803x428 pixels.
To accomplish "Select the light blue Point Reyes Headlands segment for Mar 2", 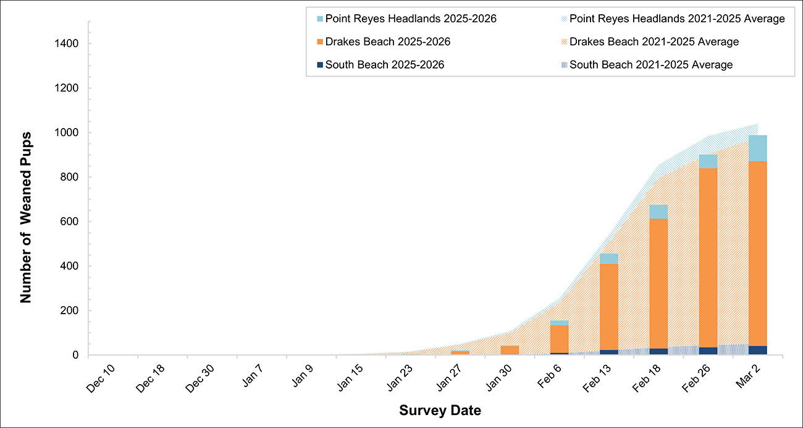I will [x=757, y=148].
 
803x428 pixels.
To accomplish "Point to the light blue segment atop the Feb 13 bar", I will [x=609, y=259].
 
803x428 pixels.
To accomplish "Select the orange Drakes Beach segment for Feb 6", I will [x=560, y=339].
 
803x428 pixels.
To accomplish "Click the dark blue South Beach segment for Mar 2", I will [x=757, y=350].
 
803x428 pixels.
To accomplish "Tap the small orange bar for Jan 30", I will [x=510, y=350].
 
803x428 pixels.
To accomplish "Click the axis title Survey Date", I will [x=440, y=410].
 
